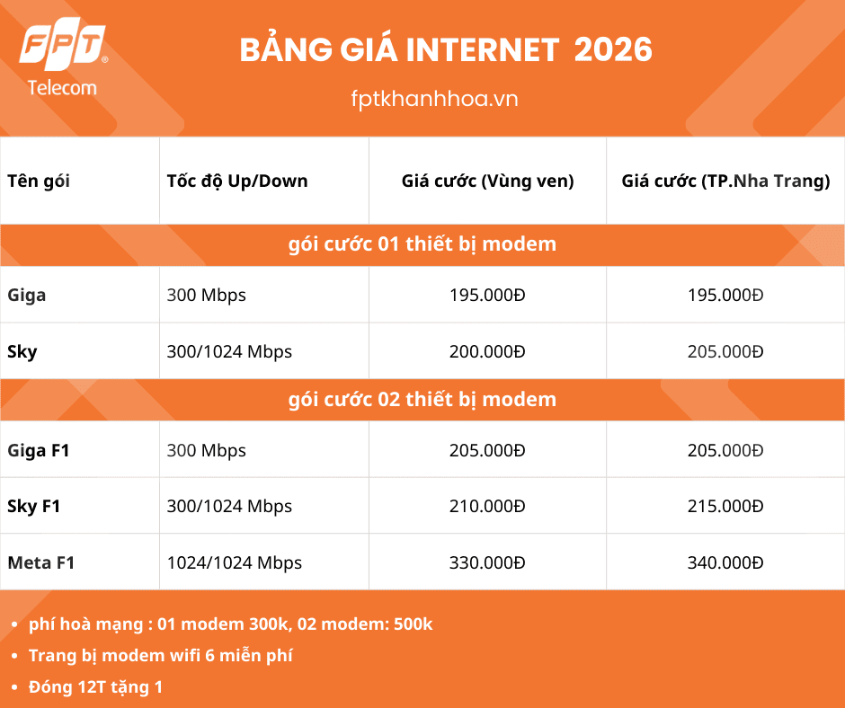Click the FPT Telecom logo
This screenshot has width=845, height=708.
click(63, 59)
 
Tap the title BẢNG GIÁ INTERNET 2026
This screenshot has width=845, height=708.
click(446, 50)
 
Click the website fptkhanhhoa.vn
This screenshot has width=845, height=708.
click(434, 98)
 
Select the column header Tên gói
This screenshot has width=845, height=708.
click(39, 181)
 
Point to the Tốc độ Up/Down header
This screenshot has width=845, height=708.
click(237, 181)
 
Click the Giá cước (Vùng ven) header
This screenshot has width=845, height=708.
click(487, 181)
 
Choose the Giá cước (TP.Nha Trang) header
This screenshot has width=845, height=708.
click(725, 181)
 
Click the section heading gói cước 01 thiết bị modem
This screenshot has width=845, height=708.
click(422, 243)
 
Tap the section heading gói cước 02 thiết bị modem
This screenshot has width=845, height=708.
click(422, 399)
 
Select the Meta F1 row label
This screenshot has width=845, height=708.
click(41, 563)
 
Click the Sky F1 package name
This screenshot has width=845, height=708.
click(34, 507)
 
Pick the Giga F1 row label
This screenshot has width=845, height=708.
click(39, 451)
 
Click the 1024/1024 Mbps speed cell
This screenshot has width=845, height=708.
click(235, 563)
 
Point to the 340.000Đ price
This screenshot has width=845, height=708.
click(725, 563)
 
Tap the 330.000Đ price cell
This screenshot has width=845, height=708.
click(487, 563)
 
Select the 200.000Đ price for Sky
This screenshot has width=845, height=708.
click(487, 351)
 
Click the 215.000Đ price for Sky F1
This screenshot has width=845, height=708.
click(725, 507)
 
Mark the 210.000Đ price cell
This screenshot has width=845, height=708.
click(487, 507)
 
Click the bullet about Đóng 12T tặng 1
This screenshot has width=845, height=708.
click(95, 687)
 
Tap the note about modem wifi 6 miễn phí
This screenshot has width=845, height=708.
click(160, 655)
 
